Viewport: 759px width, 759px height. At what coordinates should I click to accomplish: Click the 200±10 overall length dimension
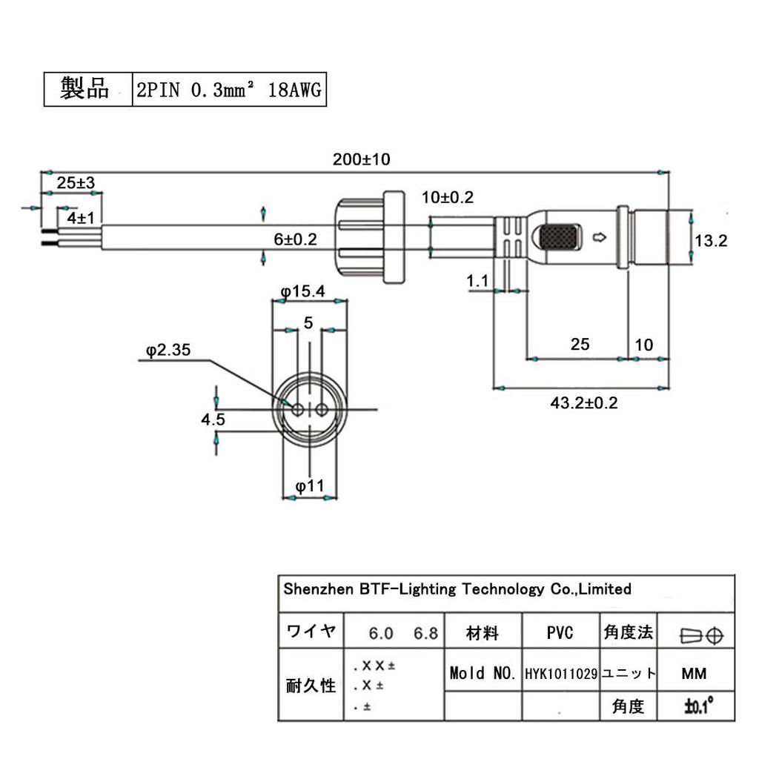coord(361,159)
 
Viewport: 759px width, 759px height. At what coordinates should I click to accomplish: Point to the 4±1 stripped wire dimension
coord(80,217)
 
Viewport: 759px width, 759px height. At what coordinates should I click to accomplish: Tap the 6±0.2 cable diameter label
coord(295,239)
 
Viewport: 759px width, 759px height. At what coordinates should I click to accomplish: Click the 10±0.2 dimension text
coord(447,197)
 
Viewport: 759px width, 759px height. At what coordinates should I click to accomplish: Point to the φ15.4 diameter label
coord(303,291)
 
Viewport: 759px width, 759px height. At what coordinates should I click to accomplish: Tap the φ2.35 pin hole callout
coord(169,350)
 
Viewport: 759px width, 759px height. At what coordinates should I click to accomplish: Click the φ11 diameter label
coord(310,486)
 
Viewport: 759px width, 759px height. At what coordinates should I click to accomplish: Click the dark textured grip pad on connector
coord(560,237)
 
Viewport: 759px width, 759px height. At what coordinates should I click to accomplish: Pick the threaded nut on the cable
coord(367,237)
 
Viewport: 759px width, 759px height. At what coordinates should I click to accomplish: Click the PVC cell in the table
coord(560,633)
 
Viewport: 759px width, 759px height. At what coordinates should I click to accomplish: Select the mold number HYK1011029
coord(561,674)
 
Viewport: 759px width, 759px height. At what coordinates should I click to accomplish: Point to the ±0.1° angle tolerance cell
coord(697,706)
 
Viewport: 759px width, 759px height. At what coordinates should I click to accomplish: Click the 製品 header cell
coord(87,90)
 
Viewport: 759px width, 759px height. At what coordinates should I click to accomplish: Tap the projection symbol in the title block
coord(701,634)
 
